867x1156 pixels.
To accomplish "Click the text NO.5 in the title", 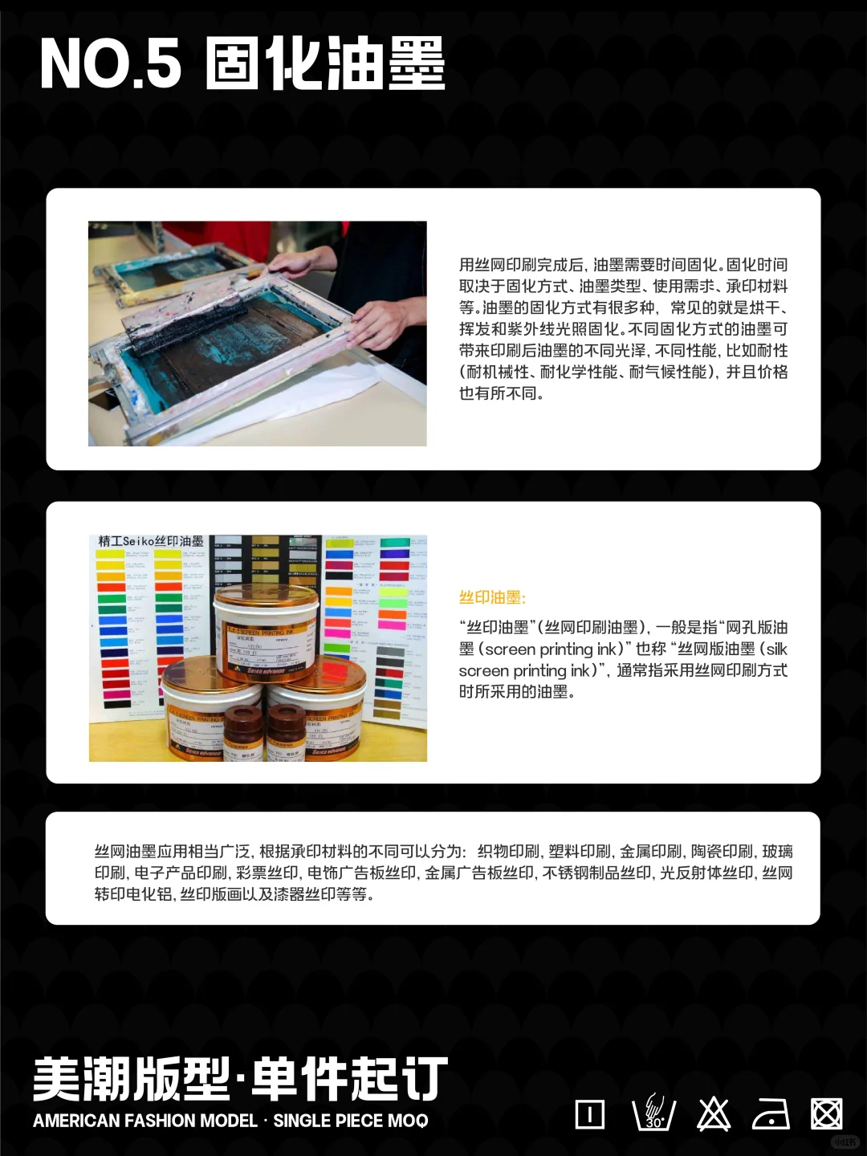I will [x=111, y=64].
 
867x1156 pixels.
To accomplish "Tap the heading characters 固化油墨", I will [x=325, y=64].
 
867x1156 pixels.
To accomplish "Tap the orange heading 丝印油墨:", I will [x=492, y=597].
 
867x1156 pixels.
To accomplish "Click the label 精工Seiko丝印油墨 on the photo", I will [x=151, y=542].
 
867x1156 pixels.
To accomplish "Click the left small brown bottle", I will [x=242, y=732].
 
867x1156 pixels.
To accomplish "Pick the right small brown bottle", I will [x=285, y=732].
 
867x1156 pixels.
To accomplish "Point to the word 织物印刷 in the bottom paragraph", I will [x=509, y=852].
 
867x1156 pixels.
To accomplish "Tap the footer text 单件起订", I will [x=350, y=1080].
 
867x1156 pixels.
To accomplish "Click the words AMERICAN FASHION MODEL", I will [x=145, y=1121].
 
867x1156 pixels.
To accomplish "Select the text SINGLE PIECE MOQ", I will [x=351, y=1121].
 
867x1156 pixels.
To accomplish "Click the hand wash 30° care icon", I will [x=653, y=1113].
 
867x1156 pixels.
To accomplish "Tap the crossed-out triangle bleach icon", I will [x=713, y=1114].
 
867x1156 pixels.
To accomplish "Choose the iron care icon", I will [x=771, y=1114].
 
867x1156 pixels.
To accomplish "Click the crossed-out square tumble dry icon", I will [x=826, y=1114].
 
